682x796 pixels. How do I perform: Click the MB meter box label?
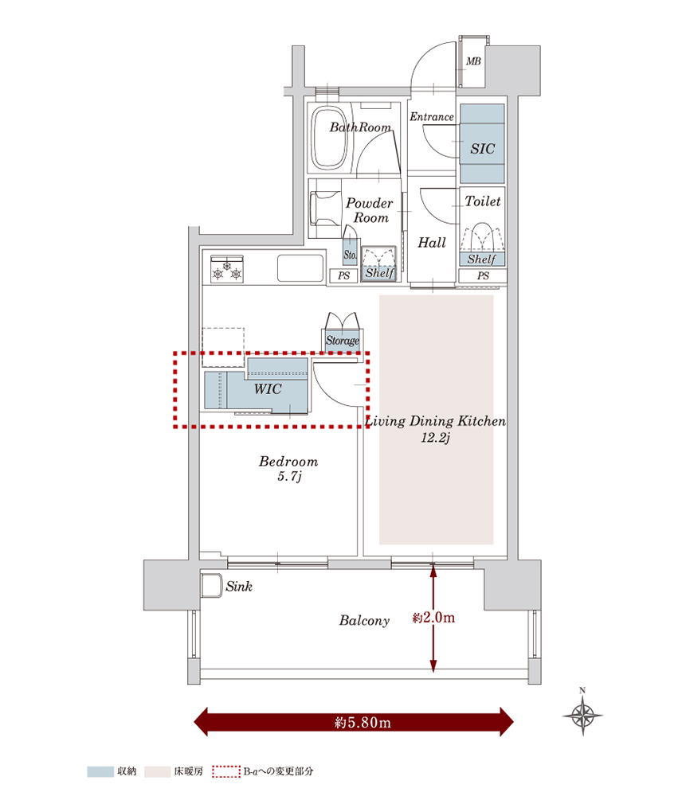(473, 61)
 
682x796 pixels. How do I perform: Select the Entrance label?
(431, 117)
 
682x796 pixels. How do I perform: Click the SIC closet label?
(482, 149)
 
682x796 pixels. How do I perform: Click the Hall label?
(432, 243)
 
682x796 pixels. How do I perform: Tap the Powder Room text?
(370, 210)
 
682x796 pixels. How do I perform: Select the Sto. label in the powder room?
(350, 256)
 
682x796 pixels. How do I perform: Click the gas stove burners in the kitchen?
(226, 269)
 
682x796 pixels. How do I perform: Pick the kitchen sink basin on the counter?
(300, 268)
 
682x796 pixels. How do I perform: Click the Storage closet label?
(343, 341)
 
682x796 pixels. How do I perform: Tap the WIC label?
(266, 390)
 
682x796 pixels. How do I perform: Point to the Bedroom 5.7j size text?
(288, 477)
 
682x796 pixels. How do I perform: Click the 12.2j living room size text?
(437, 437)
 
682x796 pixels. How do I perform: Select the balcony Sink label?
(239, 587)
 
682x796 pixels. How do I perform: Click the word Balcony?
(364, 621)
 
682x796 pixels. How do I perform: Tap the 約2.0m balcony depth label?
(433, 617)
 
